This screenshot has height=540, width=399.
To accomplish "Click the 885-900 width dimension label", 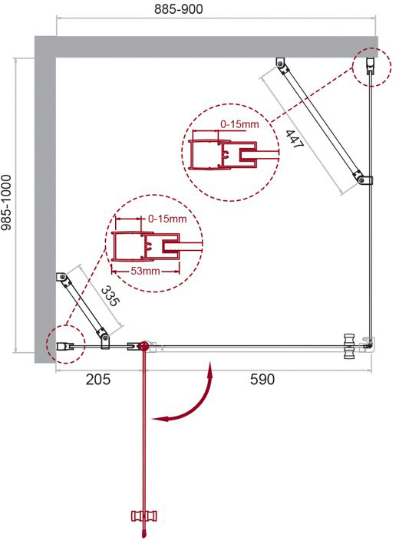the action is coord(178,9).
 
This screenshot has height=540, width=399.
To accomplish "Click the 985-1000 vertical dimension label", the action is coord(6,202).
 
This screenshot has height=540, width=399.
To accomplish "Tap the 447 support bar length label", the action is coord(295,139).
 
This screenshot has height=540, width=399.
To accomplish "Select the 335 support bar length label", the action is coord(110,296).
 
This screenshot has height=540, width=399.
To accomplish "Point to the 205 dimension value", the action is coord(98,379).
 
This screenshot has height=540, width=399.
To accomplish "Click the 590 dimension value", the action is coord(262,379).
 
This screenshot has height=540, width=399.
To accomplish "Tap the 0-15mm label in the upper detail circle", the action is coord(239,124).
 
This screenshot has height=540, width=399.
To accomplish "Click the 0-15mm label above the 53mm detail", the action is coord(167,219).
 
